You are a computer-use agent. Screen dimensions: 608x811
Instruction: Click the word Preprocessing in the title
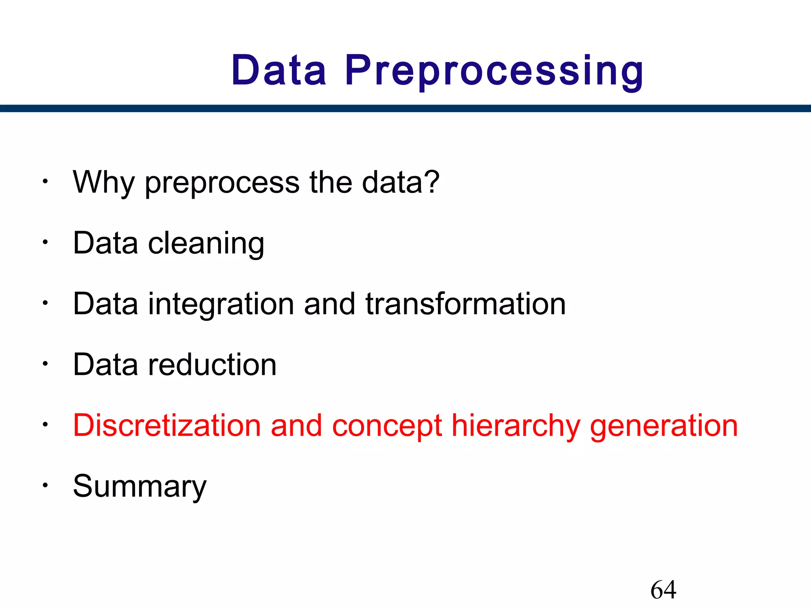point(494,71)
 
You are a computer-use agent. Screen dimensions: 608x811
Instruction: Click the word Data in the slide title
point(279,70)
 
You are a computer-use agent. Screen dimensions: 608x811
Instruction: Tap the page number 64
point(663,589)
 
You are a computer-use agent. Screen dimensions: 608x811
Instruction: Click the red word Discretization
point(167,426)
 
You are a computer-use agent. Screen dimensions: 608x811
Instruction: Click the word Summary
point(140,487)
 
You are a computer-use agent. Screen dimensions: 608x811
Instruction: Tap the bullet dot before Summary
point(46,485)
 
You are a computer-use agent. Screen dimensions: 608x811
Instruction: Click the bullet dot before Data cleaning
point(46,242)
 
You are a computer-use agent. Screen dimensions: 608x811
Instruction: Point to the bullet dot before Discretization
point(46,424)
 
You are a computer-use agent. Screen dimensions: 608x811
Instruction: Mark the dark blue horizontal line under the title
point(405,108)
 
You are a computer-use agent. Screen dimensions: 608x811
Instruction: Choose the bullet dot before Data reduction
point(46,363)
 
